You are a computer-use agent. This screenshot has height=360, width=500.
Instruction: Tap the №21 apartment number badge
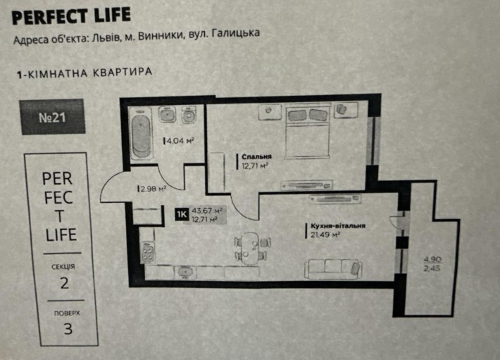pos(52,117)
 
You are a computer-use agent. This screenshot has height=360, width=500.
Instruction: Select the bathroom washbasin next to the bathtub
pos(167,114)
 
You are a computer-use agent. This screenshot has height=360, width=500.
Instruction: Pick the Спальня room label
pos(256,157)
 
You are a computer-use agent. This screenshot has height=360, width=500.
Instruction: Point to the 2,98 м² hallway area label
pos(152,189)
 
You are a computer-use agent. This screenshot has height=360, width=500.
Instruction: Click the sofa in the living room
pos(334,267)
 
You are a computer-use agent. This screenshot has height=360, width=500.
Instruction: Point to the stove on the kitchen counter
pos(148,252)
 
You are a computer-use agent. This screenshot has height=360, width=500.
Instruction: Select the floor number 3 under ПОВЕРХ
pos(68,328)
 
